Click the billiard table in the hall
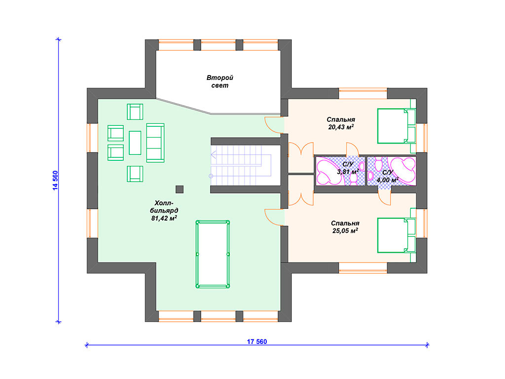tap(213, 254)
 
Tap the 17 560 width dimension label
tap(256, 341)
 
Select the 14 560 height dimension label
tap(55, 181)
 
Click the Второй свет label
tap(219, 81)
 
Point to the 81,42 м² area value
tap(164, 218)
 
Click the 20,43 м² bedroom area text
tap(341, 127)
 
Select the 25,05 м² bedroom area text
tap(345, 231)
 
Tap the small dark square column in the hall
tap(180, 189)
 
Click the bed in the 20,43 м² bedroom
tap(397, 126)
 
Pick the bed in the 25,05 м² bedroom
tap(397, 235)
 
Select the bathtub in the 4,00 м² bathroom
tap(402, 171)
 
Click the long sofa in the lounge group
tap(155, 143)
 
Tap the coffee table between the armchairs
tap(135, 143)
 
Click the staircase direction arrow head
tap(213, 155)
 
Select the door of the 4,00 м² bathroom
tap(384, 199)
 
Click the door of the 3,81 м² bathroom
tap(353, 149)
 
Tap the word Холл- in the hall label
tap(164, 203)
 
